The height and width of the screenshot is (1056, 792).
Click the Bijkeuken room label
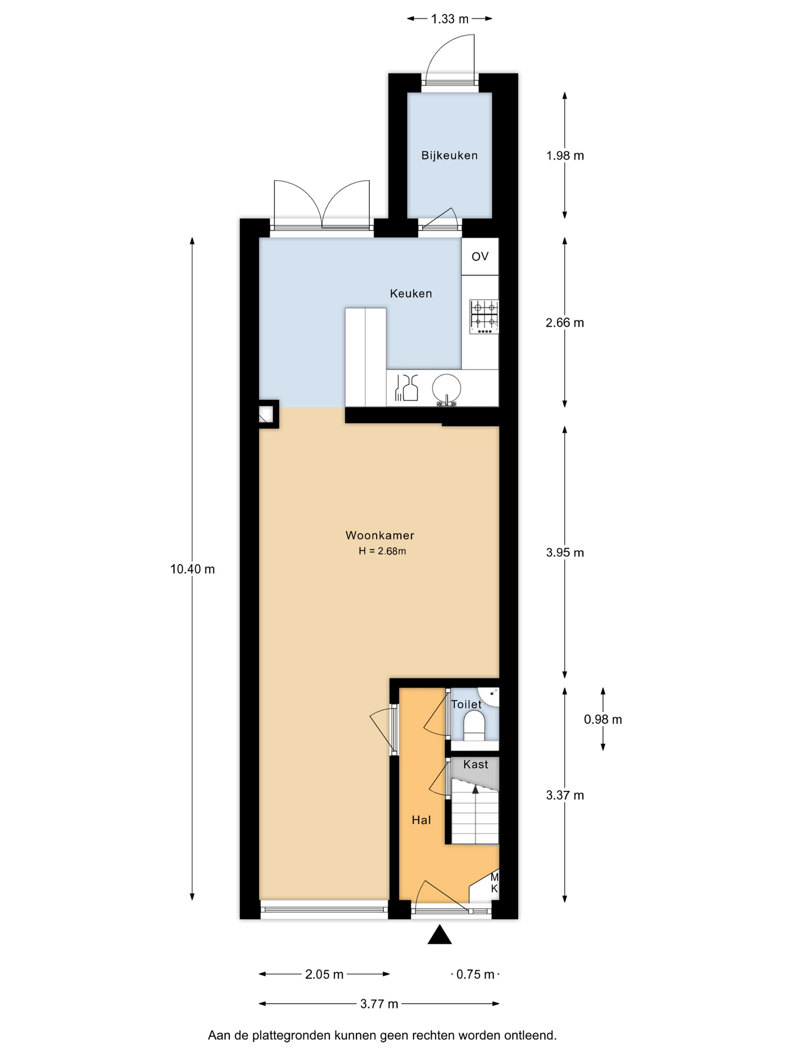[x=449, y=156]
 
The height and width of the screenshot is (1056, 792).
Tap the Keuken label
[x=411, y=294]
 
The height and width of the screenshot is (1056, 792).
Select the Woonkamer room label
[x=380, y=535]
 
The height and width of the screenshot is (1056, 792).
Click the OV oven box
[x=480, y=256]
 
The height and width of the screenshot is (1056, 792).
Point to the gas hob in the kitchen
[x=484, y=317]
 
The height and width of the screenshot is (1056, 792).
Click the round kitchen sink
[x=447, y=389]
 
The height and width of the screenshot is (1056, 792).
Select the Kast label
[x=476, y=765]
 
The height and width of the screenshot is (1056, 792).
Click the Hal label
[x=421, y=820]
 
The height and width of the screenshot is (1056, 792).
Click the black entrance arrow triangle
[x=440, y=935]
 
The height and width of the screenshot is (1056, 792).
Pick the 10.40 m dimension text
[x=193, y=569]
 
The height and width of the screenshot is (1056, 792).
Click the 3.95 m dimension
[x=565, y=553]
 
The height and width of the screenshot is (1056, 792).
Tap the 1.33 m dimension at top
[x=449, y=19]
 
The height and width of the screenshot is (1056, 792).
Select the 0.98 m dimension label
[x=603, y=719]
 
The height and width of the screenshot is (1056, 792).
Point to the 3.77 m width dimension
[x=379, y=1004]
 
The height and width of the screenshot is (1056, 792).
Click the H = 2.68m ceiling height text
[x=382, y=551]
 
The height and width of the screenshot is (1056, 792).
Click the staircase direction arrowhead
[x=475, y=789]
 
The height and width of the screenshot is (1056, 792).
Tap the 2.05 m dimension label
[x=324, y=975]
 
